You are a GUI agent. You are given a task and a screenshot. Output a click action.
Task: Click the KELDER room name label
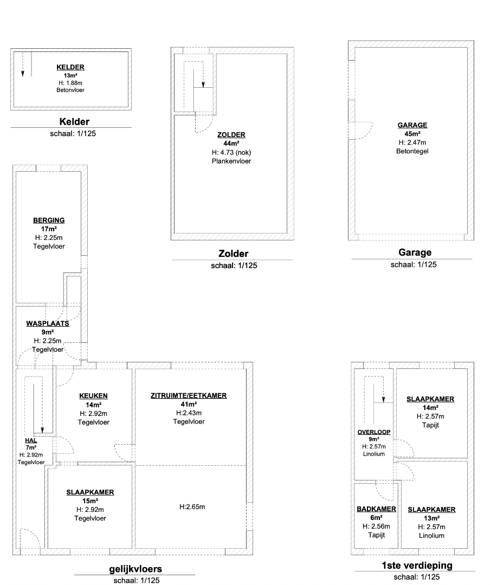(70, 67)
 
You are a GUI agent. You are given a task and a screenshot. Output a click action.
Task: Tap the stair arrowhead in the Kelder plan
(23, 74)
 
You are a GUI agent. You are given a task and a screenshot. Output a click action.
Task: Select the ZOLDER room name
(231, 135)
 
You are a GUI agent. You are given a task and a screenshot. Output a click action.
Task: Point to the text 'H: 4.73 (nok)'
(231, 152)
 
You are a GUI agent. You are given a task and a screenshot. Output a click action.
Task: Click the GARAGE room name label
(412, 125)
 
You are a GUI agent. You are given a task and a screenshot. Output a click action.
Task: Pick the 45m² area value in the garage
(412, 134)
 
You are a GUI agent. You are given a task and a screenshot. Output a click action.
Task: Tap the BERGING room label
(49, 220)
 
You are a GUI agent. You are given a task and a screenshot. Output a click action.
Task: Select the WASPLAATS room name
(47, 323)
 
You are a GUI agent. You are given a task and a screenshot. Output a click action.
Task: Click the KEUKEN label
(93, 396)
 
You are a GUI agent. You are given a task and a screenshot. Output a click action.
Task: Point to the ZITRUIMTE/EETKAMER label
(189, 395)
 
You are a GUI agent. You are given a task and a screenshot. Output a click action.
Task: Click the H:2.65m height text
(192, 506)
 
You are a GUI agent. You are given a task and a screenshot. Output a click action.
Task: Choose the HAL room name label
(31, 440)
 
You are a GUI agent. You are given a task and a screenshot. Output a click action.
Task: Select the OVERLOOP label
(374, 432)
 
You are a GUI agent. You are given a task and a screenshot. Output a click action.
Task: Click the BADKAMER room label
(376, 509)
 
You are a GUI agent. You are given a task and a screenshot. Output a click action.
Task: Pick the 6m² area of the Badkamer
(376, 517)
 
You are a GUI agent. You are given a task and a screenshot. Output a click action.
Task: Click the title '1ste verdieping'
(417, 565)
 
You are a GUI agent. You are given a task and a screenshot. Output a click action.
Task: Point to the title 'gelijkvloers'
(135, 569)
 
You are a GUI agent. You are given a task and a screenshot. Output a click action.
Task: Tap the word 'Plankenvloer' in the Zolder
(231, 161)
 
